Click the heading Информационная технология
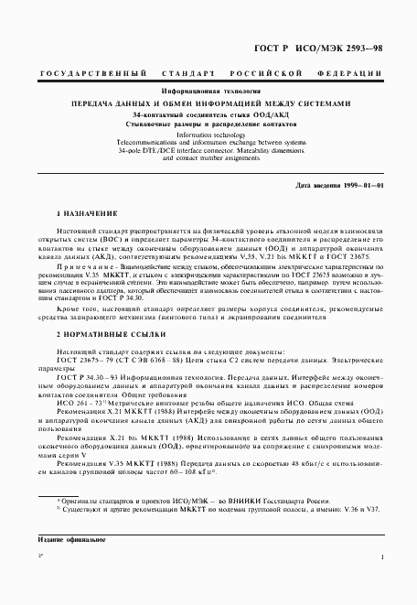point(208,92)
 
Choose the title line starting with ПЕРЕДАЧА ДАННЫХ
point(208,103)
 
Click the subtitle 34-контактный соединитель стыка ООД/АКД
point(208,114)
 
